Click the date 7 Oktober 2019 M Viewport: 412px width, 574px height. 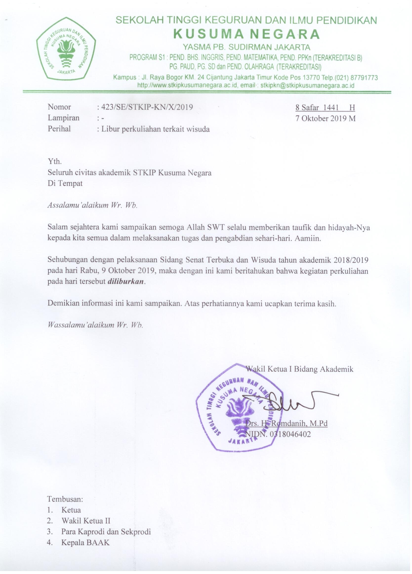(x=326, y=118)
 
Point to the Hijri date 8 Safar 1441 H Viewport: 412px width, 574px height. (x=325, y=108)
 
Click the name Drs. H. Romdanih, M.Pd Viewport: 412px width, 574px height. (x=286, y=423)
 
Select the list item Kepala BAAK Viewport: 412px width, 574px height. (x=85, y=542)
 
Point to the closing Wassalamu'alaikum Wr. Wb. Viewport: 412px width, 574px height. (x=95, y=325)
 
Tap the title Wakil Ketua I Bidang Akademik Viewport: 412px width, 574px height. (x=300, y=369)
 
